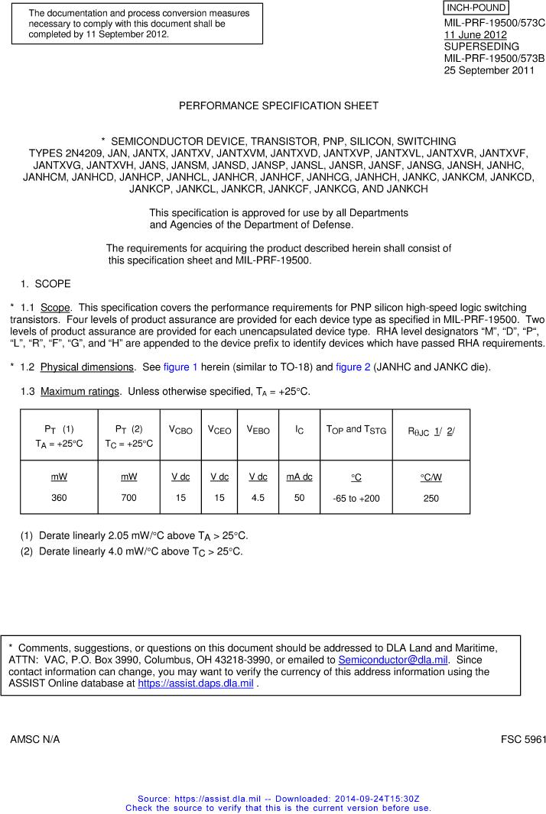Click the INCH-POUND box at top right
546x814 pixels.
pos(476,8)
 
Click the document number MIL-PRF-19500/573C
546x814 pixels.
pos(494,23)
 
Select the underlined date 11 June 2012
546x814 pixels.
pos(475,34)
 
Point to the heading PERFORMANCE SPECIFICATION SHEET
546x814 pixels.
pos(278,105)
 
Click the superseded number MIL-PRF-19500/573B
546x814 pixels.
pos(494,58)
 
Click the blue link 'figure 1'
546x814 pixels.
pos(180,367)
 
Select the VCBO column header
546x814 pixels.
pos(180,430)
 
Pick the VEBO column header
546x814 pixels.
pos(258,430)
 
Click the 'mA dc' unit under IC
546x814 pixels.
pos(299,476)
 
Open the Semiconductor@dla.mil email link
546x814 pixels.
pos(393,660)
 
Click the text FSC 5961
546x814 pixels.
pos(524,740)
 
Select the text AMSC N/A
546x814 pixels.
pos(35,740)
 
